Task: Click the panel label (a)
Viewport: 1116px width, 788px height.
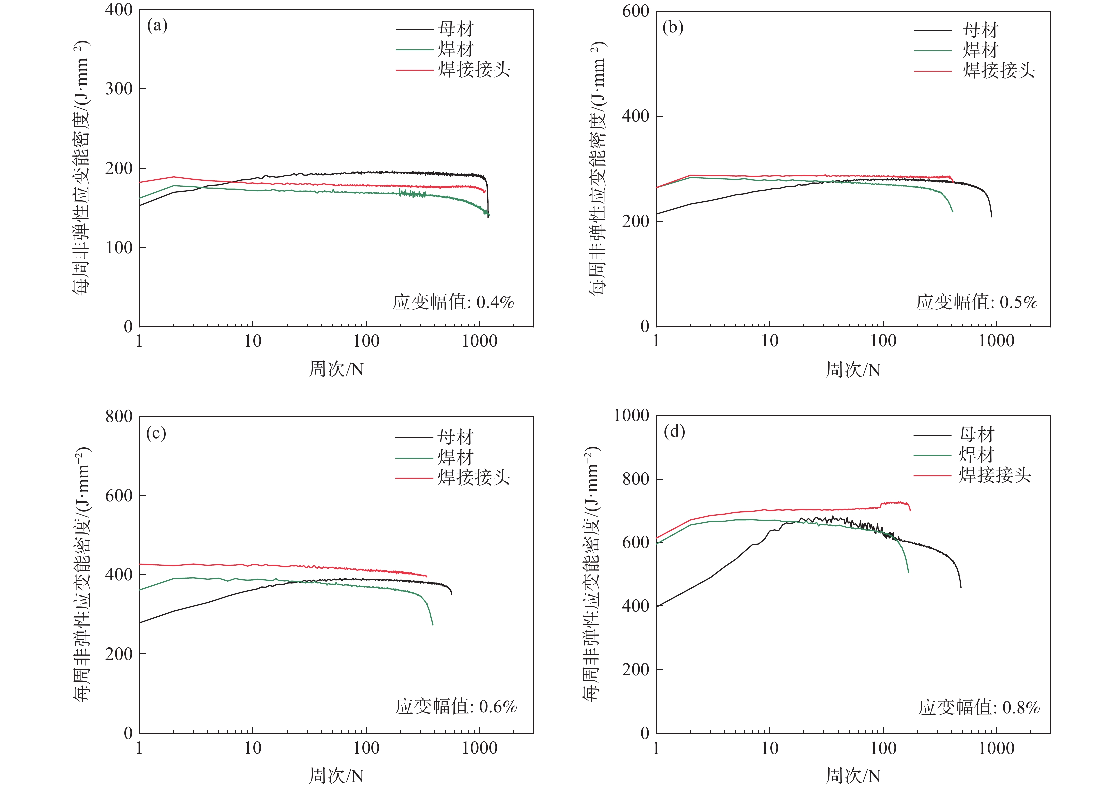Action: point(157,26)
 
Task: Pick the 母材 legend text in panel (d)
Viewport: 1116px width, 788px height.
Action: point(976,434)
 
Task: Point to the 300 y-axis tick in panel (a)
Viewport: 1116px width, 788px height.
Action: point(119,89)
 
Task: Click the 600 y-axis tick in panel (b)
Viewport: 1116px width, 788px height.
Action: point(635,11)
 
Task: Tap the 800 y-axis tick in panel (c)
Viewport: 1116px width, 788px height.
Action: point(119,417)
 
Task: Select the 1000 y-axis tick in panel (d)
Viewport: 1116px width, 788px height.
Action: point(631,416)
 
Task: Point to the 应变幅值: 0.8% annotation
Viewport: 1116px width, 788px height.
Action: point(979,707)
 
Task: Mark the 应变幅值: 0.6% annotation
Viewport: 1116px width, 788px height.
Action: point(456,706)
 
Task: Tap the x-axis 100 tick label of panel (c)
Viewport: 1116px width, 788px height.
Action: point(366,748)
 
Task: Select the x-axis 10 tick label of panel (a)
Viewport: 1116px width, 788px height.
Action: point(253,341)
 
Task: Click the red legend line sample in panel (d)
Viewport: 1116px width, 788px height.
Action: point(932,475)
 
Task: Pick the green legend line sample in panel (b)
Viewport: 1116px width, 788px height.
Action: point(932,51)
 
